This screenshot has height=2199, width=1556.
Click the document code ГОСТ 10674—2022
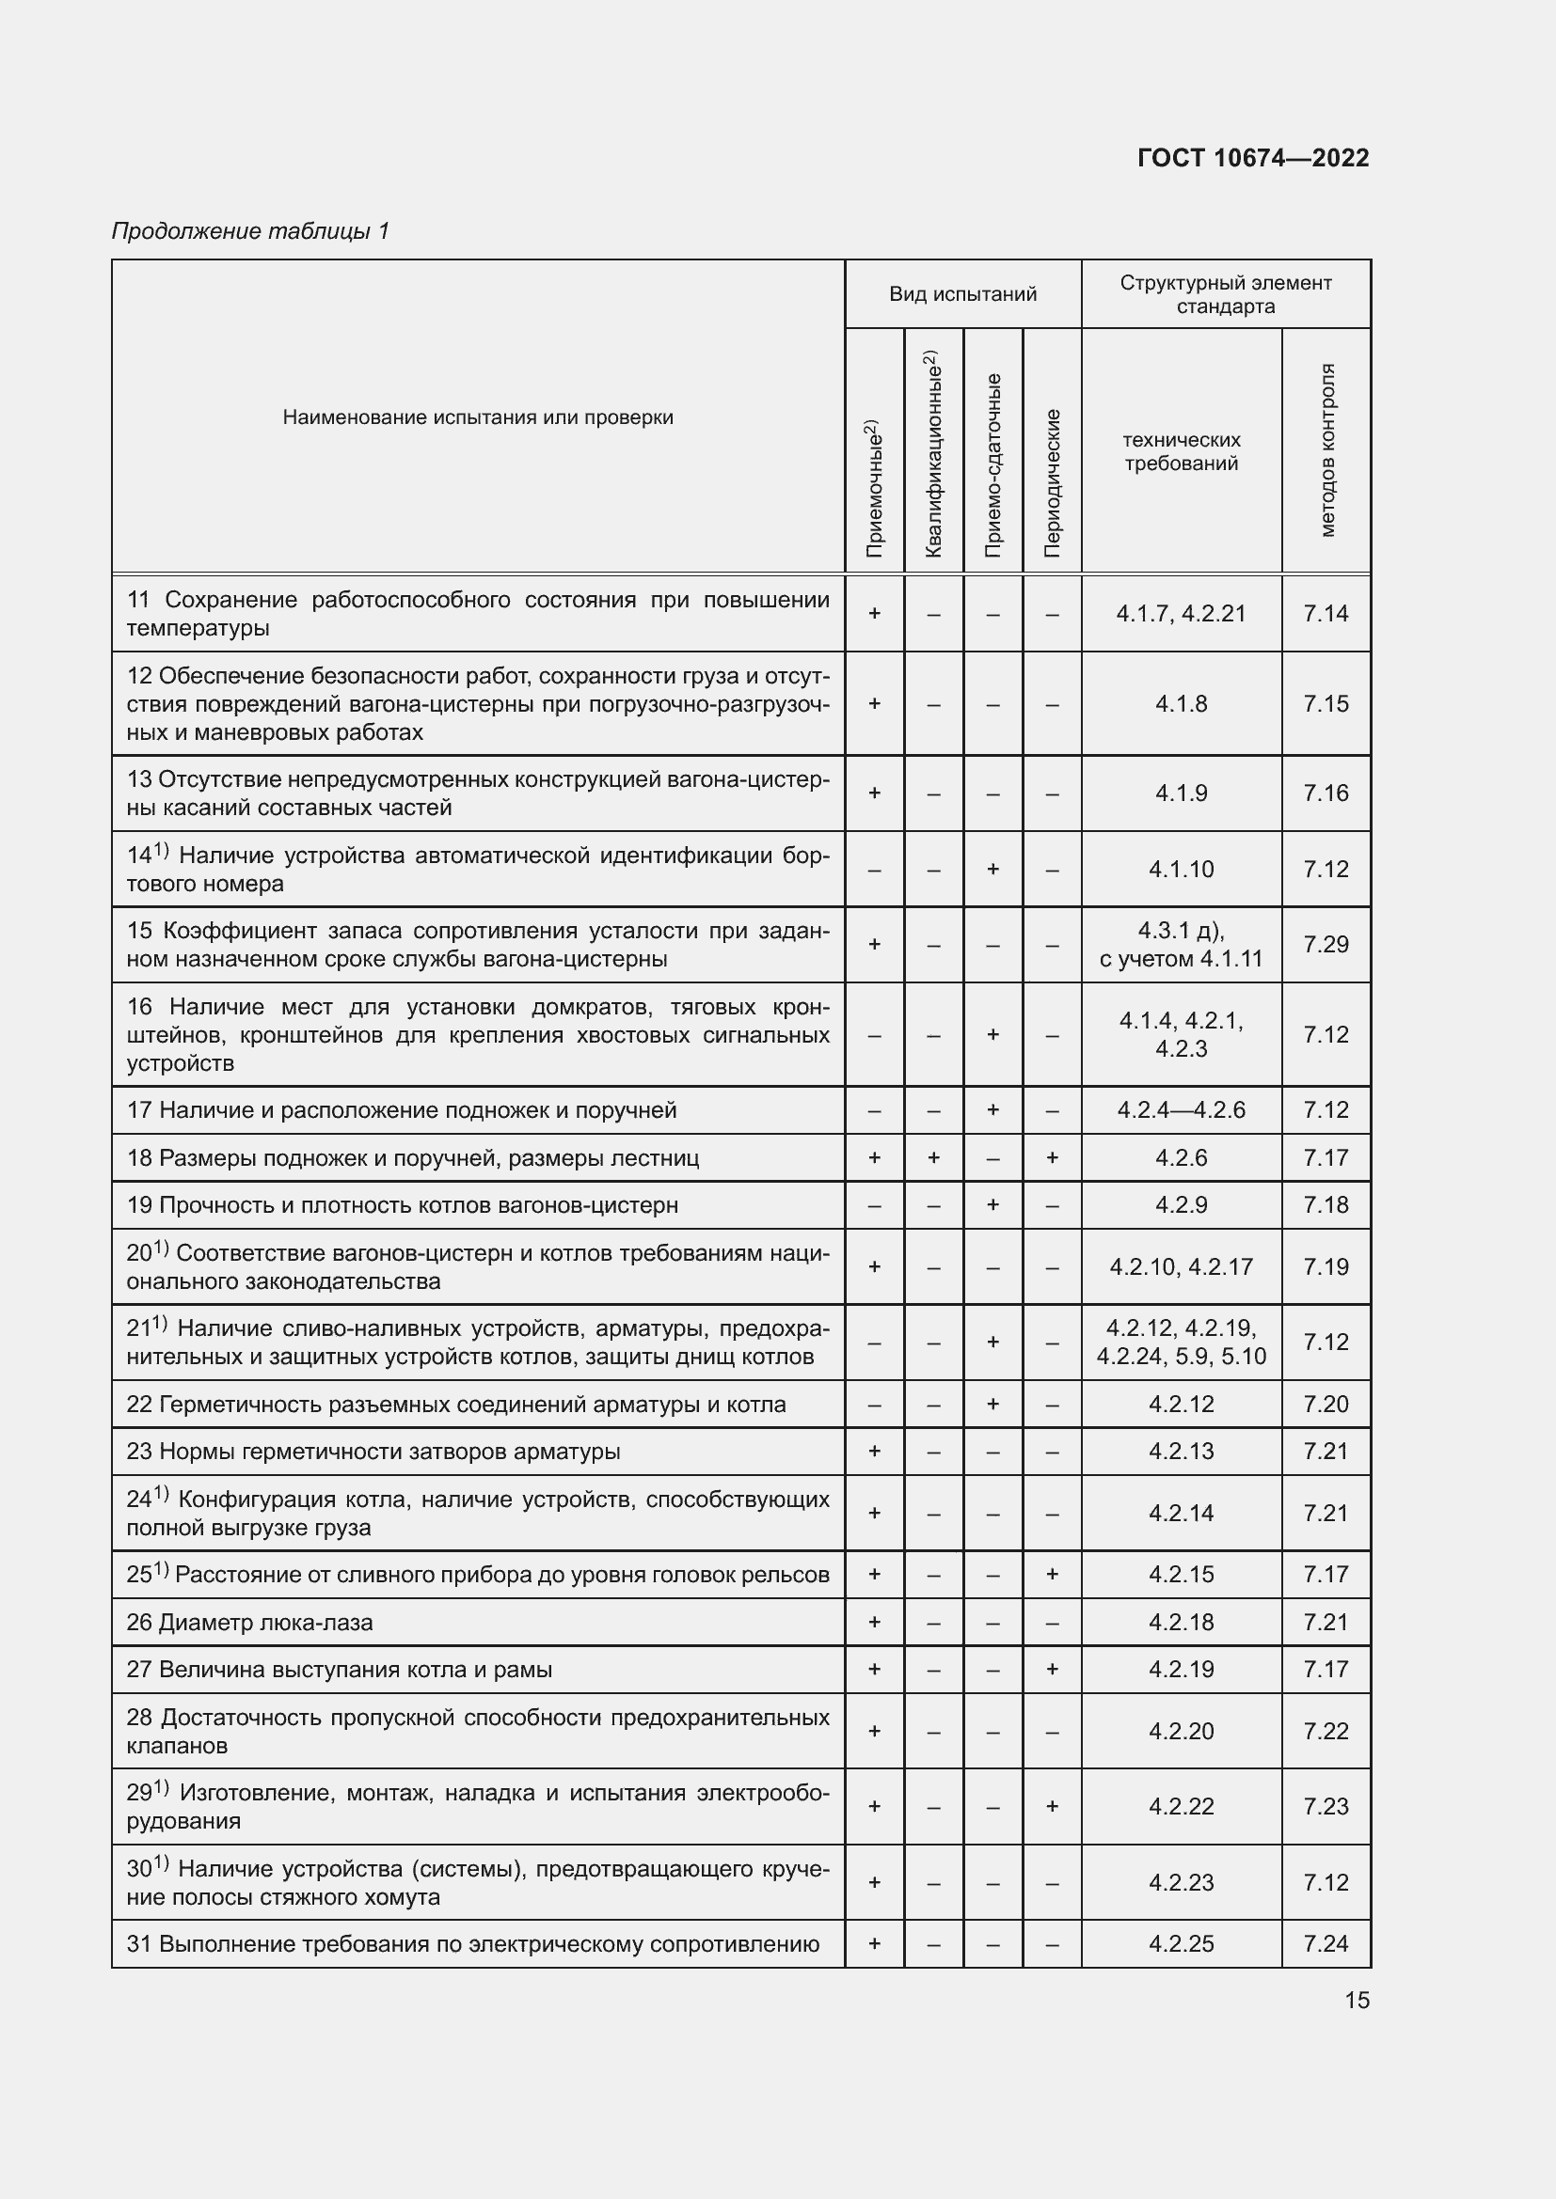[1252, 158]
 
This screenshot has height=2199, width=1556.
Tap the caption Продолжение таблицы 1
[250, 231]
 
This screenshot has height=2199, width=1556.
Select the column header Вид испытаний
[962, 294]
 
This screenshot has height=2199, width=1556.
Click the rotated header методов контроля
[1326, 450]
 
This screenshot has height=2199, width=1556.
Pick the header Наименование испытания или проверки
[477, 417]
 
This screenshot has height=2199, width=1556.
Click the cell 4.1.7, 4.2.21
[1181, 613]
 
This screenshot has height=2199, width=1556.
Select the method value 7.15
[1326, 704]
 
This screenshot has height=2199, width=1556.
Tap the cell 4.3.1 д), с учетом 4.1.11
[1181, 944]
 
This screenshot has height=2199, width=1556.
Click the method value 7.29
[1326, 944]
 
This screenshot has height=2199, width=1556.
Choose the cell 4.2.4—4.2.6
[1181, 1110]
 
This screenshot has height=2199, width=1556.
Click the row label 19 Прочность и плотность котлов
[402, 1205]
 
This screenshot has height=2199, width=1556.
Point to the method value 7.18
[1326, 1205]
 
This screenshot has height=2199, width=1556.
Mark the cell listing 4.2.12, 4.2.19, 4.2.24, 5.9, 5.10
[1181, 1342]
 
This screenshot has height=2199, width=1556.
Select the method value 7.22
[1326, 1732]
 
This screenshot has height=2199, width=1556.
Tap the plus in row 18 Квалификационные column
[933, 1158]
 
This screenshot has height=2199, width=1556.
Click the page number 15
[1357, 2000]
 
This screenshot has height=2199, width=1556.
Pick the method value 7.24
[1326, 1944]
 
